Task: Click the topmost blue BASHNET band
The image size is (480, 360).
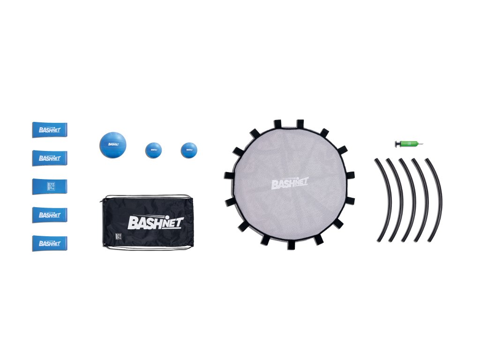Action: pos(50,130)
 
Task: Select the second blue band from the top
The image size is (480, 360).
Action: pos(50,158)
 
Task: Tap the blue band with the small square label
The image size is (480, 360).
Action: pos(50,186)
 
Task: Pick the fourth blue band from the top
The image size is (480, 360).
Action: pos(50,215)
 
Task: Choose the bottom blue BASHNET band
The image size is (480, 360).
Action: pos(50,243)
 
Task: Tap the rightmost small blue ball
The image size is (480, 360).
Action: pos(189,150)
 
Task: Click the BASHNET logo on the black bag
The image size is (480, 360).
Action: pos(156,221)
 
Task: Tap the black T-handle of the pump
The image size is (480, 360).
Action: pos(397,143)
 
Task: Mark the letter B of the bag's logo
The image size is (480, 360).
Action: pos(132,222)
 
